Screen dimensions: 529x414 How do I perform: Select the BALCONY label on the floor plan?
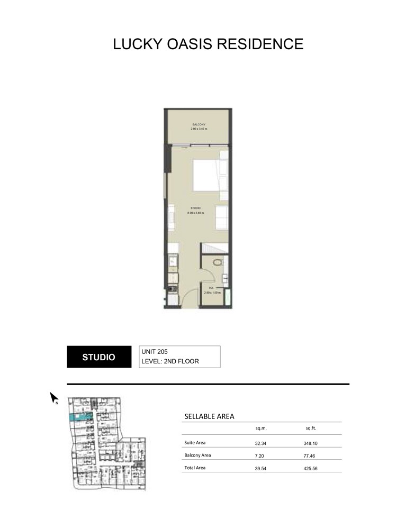199,124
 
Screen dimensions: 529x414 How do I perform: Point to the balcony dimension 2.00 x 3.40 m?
199,129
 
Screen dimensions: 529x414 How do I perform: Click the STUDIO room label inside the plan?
195,208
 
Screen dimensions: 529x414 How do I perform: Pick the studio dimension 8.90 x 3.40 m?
195,213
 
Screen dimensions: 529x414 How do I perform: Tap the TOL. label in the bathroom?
211,288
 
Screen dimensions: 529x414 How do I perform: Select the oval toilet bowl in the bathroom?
217,262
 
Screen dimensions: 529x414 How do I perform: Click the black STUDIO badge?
98,357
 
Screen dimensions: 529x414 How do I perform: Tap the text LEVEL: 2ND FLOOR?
173,362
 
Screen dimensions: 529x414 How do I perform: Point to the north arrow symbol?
53,397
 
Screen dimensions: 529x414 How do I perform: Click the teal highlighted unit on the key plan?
80,418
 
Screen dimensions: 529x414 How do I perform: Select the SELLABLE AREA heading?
209,417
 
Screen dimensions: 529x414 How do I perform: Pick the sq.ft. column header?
311,429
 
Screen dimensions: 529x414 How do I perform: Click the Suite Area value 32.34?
262,443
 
